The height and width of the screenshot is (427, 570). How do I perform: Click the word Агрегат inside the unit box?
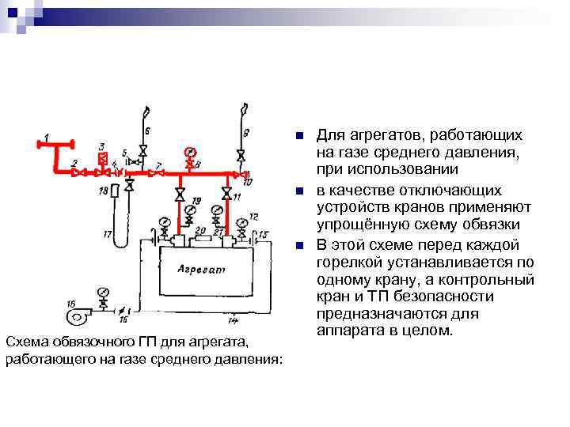pyautogui.click(x=202, y=270)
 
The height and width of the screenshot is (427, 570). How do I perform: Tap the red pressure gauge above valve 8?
pyautogui.click(x=189, y=151)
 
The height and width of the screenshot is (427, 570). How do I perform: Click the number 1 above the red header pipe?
pyautogui.click(x=47, y=138)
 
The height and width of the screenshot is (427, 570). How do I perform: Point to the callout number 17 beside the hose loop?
pyautogui.click(x=108, y=233)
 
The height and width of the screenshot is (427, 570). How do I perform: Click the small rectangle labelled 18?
pyautogui.click(x=116, y=191)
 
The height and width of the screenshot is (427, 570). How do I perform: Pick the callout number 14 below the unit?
pyautogui.click(x=233, y=320)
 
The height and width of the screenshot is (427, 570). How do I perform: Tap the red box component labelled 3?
pyautogui.click(x=102, y=158)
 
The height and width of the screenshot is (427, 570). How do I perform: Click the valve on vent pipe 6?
pyautogui.click(x=143, y=150)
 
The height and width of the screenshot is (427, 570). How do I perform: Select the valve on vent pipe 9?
pyautogui.click(x=240, y=153)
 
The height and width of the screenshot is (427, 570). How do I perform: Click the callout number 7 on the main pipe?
pyautogui.click(x=159, y=164)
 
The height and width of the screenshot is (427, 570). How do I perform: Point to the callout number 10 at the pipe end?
pyautogui.click(x=248, y=182)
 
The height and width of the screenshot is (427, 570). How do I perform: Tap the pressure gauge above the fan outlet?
pyautogui.click(x=103, y=292)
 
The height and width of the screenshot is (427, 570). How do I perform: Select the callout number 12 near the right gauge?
pyautogui.click(x=253, y=216)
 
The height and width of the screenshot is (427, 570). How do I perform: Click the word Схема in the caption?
pyautogui.click(x=25, y=342)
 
